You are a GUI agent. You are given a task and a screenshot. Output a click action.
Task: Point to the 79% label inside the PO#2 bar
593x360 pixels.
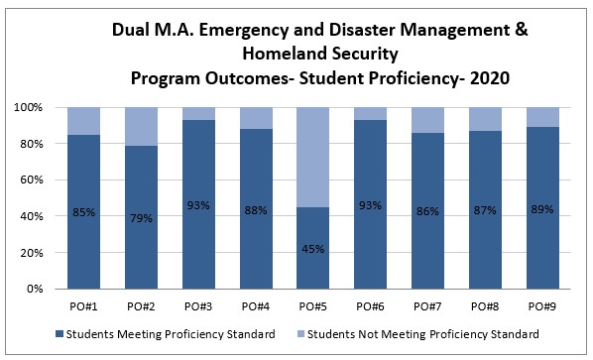142,217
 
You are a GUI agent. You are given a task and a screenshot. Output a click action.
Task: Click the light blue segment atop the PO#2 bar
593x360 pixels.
142,126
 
